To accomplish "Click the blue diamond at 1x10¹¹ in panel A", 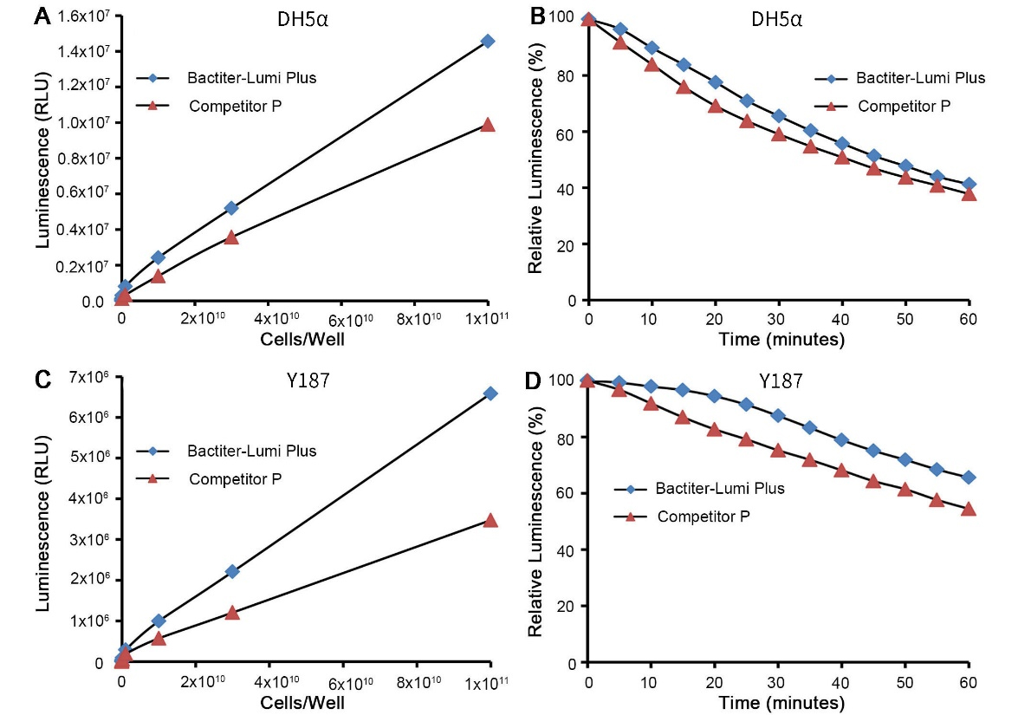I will [487, 41].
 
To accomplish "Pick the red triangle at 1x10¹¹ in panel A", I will [487, 124].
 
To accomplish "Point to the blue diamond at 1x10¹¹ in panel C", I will [490, 393].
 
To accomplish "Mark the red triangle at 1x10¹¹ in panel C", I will [490, 520].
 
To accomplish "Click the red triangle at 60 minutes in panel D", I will [969, 508].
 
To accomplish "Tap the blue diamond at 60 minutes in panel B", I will [969, 184].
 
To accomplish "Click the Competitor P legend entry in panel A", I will [234, 107].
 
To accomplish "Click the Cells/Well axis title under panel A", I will [303, 339].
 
